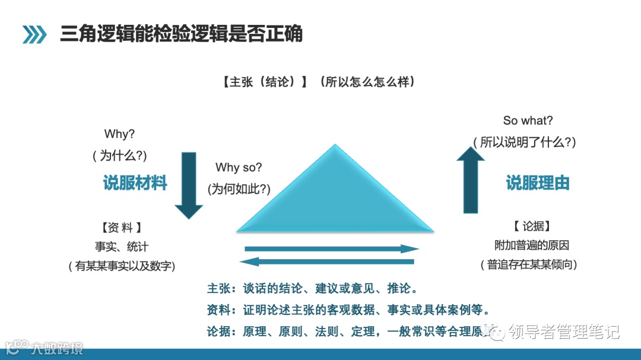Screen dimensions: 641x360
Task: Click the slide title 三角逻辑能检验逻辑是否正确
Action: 181,34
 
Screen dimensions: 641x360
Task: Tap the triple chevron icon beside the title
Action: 34,34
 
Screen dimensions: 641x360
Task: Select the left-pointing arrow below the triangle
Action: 326,262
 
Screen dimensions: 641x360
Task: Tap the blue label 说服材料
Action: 135,183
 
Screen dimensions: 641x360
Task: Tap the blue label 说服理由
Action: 538,183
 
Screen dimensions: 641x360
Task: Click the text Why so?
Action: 239,168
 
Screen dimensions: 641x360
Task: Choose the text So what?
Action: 528,120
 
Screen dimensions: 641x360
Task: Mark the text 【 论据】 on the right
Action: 531,226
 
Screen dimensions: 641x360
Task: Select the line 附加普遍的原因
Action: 532,245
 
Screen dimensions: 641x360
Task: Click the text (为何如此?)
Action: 239,189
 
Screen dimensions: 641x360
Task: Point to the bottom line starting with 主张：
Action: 312,289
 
